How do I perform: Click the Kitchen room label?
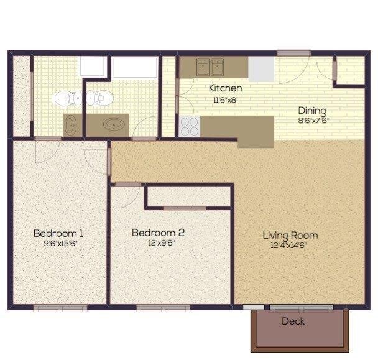pyautogui.click(x=225, y=88)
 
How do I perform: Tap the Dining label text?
pyautogui.click(x=311, y=111)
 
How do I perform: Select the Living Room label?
pyautogui.click(x=290, y=235)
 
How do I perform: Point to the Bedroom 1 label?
pyautogui.click(x=58, y=233)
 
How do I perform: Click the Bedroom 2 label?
pyautogui.click(x=158, y=233)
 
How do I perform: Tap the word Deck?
pyautogui.click(x=293, y=321)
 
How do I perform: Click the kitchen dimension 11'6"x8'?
pyautogui.click(x=224, y=99)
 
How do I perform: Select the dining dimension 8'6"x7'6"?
pyautogui.click(x=312, y=121)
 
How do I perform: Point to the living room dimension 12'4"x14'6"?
pyautogui.click(x=290, y=245)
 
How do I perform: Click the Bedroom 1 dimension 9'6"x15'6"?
pyautogui.click(x=58, y=243)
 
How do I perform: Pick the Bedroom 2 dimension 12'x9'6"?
pyautogui.click(x=158, y=243)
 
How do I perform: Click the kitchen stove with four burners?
pyautogui.click(x=189, y=126)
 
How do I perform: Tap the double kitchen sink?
pyautogui.click(x=211, y=65)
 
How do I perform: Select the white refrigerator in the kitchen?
pyautogui.click(x=261, y=68)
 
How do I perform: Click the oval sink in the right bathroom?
pyautogui.click(x=114, y=124)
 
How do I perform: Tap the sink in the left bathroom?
pyautogui.click(x=71, y=124)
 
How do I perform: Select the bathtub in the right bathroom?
pyautogui.click(x=134, y=67)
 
